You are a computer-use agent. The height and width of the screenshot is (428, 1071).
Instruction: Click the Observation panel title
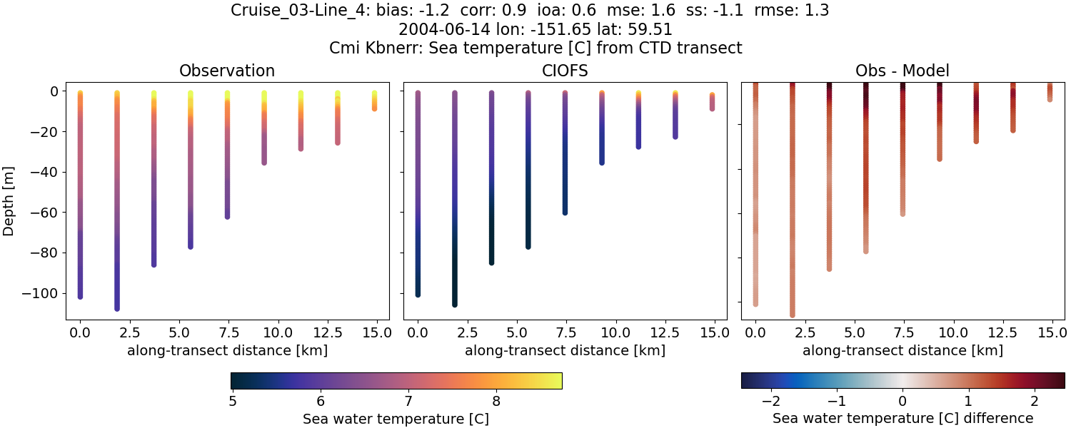pos(227,71)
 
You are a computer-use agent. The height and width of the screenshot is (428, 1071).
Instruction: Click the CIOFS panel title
pos(565,71)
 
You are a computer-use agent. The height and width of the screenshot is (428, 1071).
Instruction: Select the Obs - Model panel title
pos(902,71)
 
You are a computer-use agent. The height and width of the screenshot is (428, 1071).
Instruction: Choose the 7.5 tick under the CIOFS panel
pos(565,332)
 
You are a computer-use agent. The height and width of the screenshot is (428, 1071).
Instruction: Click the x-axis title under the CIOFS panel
pos(565,350)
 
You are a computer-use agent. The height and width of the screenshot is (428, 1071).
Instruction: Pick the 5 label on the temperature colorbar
pos(232,402)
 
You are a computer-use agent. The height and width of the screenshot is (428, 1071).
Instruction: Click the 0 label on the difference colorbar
pos(902,402)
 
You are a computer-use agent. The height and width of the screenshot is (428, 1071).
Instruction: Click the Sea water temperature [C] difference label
pos(902,419)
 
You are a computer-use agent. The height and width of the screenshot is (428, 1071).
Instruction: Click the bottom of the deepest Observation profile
pos(117,308)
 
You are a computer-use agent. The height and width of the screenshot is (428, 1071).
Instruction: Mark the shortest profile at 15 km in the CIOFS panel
pos(712,101)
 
